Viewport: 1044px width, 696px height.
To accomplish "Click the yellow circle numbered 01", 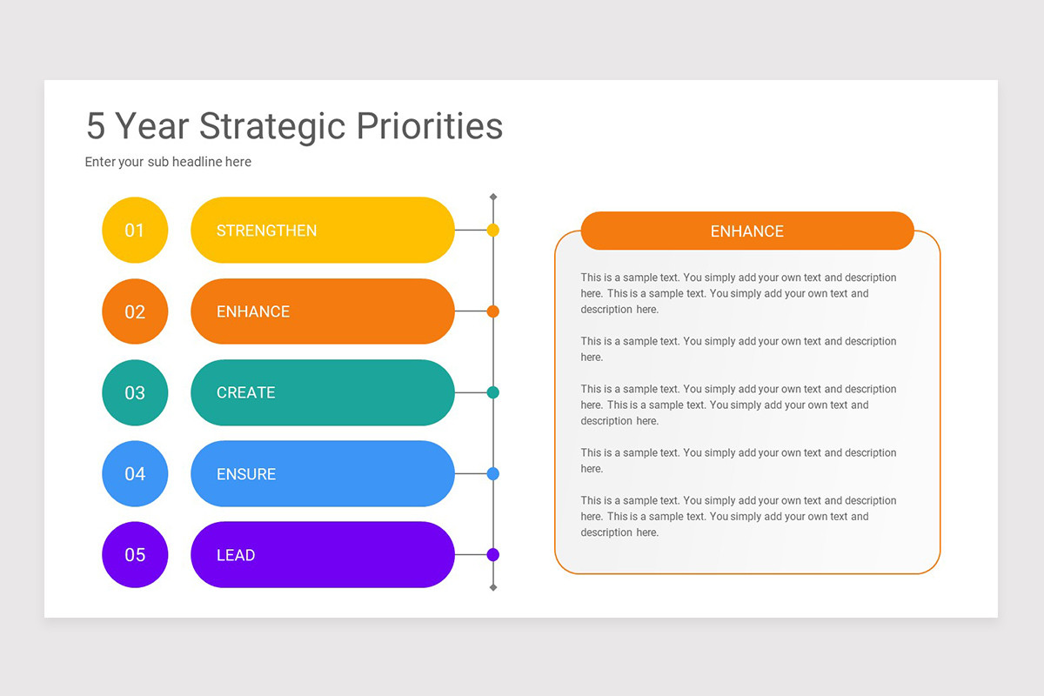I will click(135, 231).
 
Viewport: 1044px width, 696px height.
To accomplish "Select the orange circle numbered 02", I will click(135, 311).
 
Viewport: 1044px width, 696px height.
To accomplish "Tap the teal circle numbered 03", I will click(135, 392).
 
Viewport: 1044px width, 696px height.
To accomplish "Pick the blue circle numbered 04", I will click(135, 473).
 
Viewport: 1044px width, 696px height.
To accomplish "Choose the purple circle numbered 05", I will click(135, 555).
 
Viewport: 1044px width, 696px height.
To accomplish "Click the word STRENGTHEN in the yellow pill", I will click(266, 231).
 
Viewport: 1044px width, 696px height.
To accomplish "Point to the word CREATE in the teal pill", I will click(245, 392).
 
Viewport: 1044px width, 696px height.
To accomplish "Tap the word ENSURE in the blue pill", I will click(246, 474).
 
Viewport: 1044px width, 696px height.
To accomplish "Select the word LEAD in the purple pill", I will click(236, 555).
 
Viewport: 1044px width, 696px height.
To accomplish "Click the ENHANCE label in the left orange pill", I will click(253, 311).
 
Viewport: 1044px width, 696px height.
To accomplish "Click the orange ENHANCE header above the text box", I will click(746, 231).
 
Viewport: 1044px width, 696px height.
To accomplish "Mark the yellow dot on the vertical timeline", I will click(493, 231).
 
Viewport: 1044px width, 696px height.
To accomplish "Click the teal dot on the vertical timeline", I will click(493, 392).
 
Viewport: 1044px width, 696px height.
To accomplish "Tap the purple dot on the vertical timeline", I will click(493, 554).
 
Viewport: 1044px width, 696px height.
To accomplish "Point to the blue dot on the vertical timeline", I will click(493, 474).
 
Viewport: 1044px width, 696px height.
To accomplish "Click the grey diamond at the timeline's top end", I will click(493, 197).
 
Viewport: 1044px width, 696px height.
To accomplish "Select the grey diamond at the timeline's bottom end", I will click(493, 588).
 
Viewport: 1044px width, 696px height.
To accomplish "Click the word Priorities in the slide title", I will click(430, 126).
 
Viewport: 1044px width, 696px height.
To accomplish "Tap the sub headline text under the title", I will click(168, 162).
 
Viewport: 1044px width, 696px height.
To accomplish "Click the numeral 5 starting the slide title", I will click(96, 126).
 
